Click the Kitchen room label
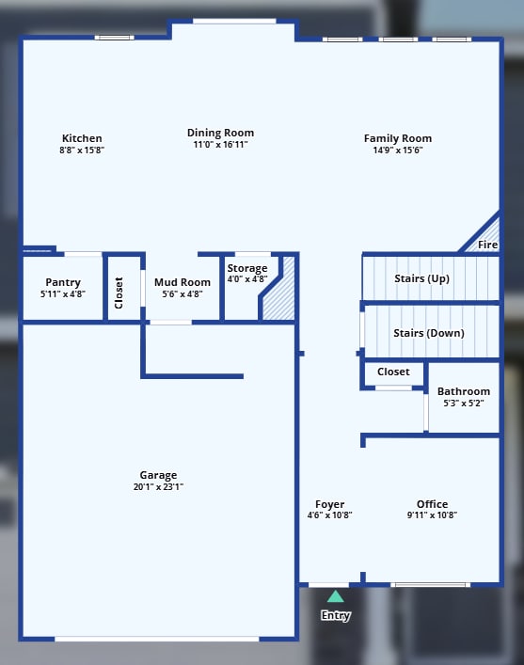(82, 138)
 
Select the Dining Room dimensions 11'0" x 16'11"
(220, 145)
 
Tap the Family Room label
(398, 138)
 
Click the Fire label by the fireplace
(487, 245)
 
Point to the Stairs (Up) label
(421, 278)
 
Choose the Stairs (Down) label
(428, 332)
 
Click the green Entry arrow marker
(335, 596)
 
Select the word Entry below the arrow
(335, 616)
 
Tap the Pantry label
(63, 282)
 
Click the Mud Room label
(183, 282)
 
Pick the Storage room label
(247, 268)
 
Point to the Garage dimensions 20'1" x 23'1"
(158, 487)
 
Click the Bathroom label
(463, 391)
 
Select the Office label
(432, 504)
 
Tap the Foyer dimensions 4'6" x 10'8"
(329, 515)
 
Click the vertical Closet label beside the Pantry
(119, 293)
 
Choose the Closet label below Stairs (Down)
(393, 372)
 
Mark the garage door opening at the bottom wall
(157, 639)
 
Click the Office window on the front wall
(430, 585)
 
